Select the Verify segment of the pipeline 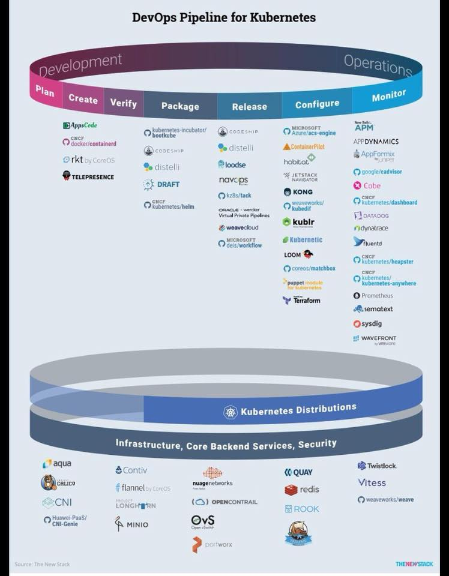coord(123,103)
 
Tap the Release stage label coord(249,107)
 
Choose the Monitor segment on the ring coord(389,95)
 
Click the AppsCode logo coord(80,125)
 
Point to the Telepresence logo coord(88,176)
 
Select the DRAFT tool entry coord(161,184)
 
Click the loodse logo coord(232,164)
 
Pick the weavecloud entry coord(238,228)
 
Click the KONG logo coord(298,192)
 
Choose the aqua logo coord(56,464)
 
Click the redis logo coord(302,490)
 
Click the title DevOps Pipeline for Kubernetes coord(224,18)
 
